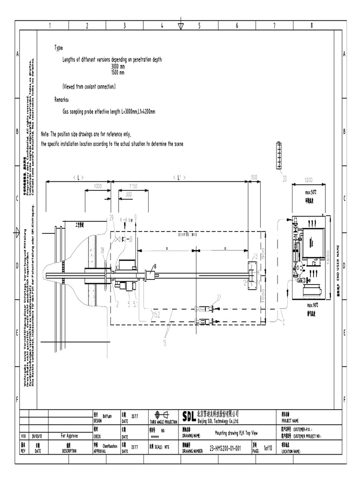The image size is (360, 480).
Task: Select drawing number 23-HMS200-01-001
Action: coord(225,449)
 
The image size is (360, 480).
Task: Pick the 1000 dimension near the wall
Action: coord(98,186)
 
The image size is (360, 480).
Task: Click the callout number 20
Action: coord(285,178)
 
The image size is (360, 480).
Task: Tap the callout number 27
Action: coord(218,297)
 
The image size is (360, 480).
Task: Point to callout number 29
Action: coord(111,217)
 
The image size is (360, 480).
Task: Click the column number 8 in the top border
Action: coord(312,26)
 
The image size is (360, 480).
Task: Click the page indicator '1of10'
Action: coord(268,449)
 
